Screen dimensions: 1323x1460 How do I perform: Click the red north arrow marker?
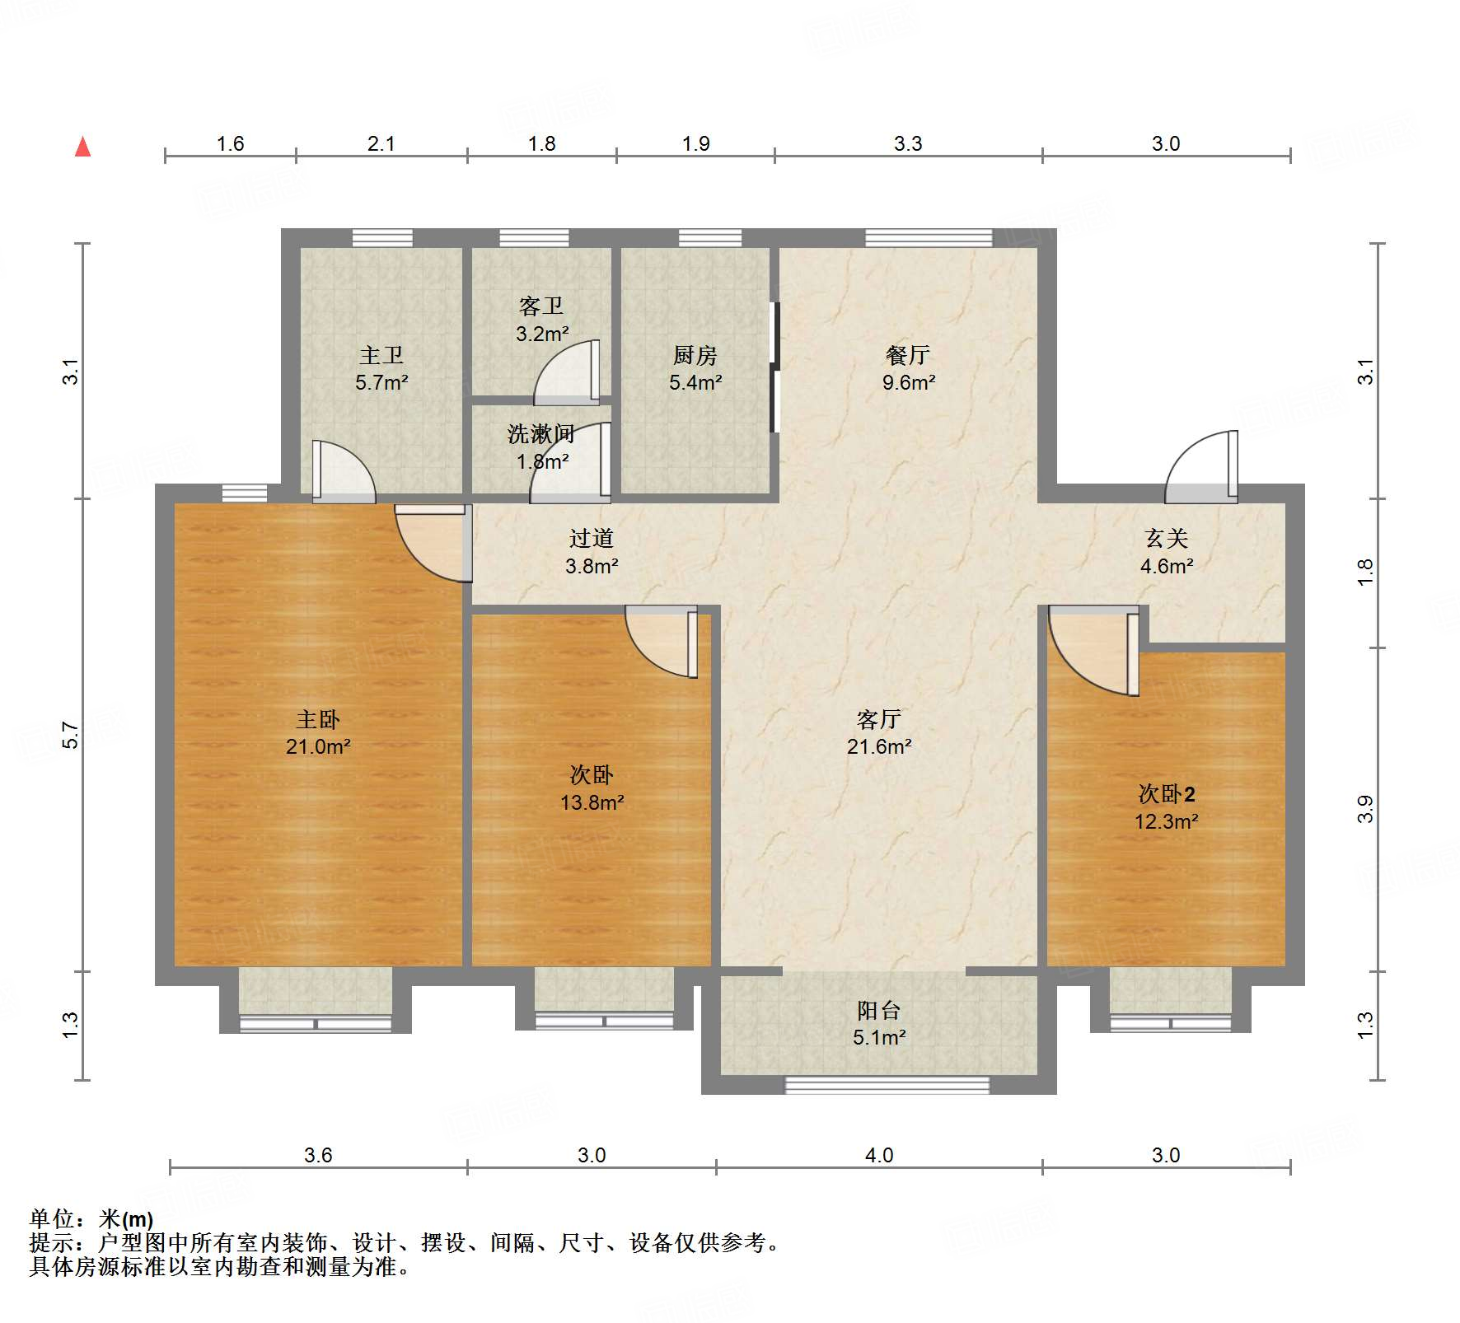point(82,147)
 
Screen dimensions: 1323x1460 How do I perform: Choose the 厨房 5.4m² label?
point(695,368)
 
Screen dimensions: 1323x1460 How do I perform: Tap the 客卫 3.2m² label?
point(541,320)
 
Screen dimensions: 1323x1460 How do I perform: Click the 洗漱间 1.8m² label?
point(541,447)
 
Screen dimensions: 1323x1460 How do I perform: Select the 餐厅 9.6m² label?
point(908,368)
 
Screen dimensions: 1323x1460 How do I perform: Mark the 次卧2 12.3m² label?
point(1166,807)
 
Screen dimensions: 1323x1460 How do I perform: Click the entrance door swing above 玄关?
point(1201,470)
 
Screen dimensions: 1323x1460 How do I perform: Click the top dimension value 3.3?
point(908,143)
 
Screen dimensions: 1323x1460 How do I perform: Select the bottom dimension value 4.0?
point(878,1155)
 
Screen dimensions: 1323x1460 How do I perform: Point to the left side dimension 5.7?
point(71,735)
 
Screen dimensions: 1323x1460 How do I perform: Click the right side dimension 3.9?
point(1365,809)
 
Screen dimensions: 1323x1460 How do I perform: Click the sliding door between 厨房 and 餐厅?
point(774,367)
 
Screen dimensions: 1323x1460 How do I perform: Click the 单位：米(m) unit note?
point(91,1218)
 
